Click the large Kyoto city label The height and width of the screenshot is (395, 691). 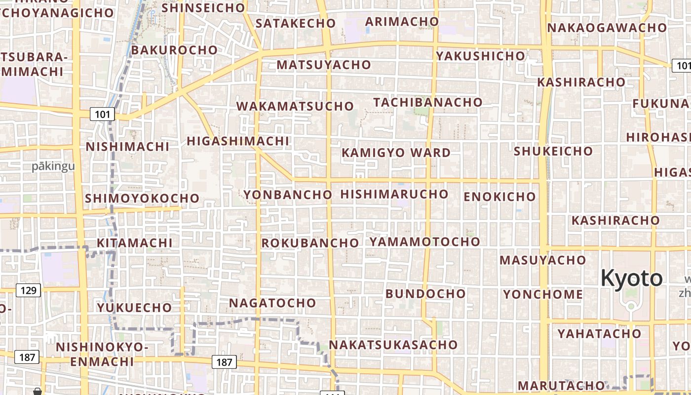coord(631,278)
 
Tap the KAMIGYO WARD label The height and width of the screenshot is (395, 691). coord(396,153)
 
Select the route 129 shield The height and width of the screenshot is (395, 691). coord(28,290)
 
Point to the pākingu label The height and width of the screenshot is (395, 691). coord(53,166)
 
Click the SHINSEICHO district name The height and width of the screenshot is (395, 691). coord(203,8)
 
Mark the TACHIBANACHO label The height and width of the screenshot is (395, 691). coord(427,102)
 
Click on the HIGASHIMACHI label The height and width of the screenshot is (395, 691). coord(237,141)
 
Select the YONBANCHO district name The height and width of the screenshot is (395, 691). coord(287,195)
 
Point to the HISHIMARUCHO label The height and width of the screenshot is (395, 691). coord(394,194)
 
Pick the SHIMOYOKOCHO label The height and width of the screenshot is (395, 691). coord(142,198)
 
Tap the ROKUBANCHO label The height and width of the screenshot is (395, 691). coord(309,243)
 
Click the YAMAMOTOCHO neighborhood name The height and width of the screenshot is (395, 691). coord(424,241)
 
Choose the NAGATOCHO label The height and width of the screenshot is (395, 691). coord(272,303)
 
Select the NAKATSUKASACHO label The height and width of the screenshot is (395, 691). coord(393,345)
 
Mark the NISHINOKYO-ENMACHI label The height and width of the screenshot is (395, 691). coord(102,354)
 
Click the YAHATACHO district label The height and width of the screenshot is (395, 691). coord(599,334)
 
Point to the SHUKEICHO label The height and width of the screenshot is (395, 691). coord(553,151)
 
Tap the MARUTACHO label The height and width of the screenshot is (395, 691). coord(561,385)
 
